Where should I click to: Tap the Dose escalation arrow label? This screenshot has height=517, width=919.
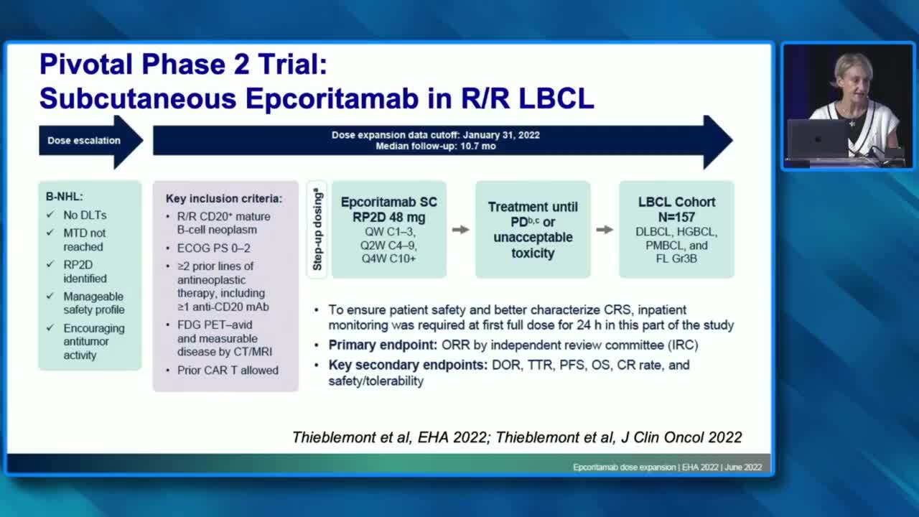(x=84, y=140)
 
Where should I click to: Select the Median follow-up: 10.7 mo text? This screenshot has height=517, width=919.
(x=436, y=146)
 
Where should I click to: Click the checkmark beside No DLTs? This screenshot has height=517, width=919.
(x=50, y=215)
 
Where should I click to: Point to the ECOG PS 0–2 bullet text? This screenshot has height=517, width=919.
(x=213, y=248)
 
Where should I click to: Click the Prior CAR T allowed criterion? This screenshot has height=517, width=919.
(x=228, y=370)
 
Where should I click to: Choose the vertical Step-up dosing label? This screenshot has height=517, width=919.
(x=317, y=229)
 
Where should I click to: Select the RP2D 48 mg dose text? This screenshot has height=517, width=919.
(x=389, y=217)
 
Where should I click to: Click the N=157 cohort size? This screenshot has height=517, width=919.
(x=676, y=217)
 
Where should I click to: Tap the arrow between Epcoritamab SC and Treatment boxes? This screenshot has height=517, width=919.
(x=461, y=230)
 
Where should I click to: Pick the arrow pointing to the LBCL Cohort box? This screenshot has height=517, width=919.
(x=605, y=230)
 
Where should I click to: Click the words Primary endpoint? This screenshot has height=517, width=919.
(x=383, y=345)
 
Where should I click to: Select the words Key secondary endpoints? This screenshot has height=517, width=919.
(x=408, y=365)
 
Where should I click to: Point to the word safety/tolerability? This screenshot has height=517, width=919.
(x=375, y=381)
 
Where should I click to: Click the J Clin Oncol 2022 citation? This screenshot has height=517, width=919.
(x=681, y=437)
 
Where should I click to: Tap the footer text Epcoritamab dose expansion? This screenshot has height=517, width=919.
(x=624, y=467)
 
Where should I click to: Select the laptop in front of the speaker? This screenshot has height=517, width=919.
(x=818, y=139)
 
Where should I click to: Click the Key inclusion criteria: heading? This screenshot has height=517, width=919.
(x=224, y=199)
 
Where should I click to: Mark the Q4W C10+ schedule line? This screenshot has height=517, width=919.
(x=388, y=259)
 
